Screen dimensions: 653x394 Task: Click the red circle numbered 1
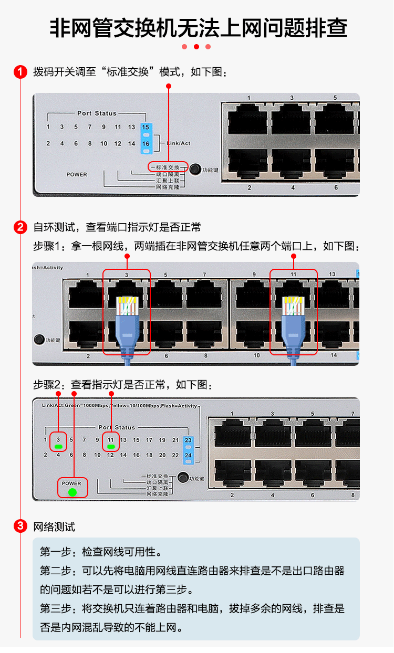[x=20, y=72]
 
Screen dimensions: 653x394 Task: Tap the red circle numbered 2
[x=20, y=227]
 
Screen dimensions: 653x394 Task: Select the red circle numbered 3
[x=20, y=526]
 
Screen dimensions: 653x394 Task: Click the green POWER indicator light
[x=72, y=492]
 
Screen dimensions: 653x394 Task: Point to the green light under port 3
[x=58, y=447]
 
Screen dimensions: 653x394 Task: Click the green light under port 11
[x=110, y=447]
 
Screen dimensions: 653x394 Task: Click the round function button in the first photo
[x=195, y=168]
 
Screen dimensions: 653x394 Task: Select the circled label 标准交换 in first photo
[x=169, y=167]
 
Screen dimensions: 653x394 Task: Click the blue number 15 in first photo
[x=146, y=128]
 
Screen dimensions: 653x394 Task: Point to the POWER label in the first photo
[x=77, y=174]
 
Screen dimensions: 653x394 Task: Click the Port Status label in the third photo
[x=117, y=427]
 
